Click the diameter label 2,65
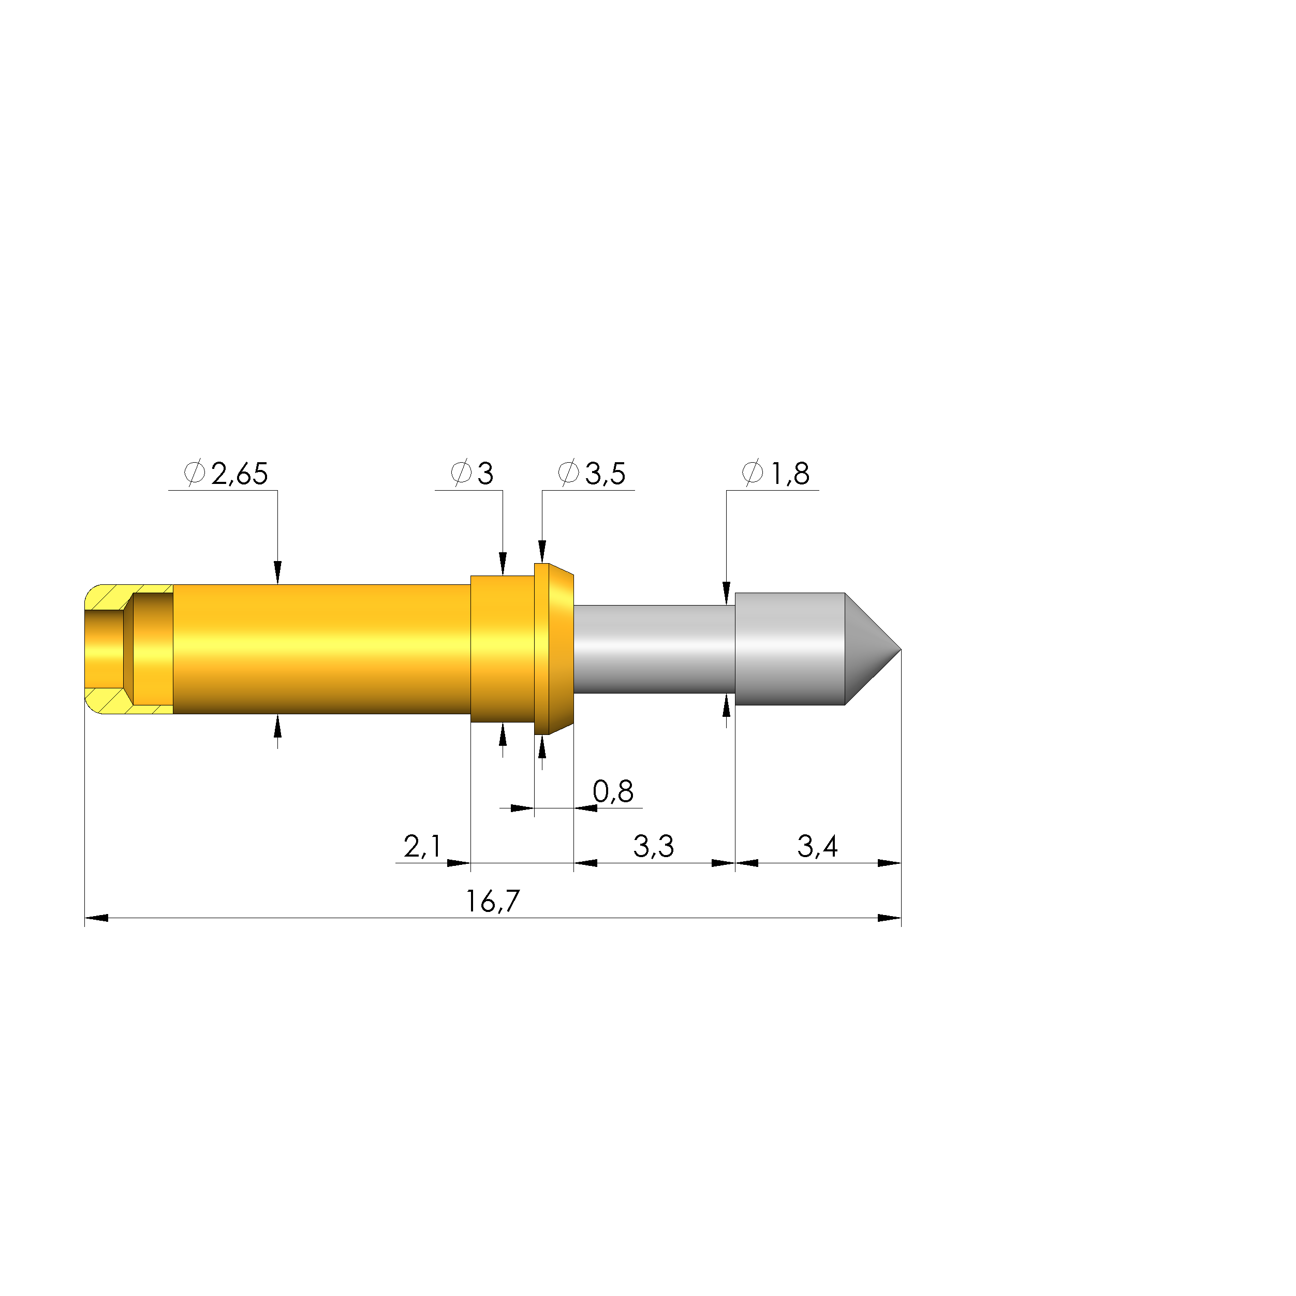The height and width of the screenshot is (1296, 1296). click(x=240, y=474)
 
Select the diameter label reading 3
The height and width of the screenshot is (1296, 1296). click(x=485, y=474)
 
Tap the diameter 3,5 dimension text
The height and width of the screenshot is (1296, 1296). click(x=605, y=474)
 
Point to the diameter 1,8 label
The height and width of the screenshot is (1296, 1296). click(x=790, y=474)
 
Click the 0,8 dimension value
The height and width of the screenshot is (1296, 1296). click(x=613, y=791)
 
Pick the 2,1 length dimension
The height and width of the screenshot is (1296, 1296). click(x=422, y=847)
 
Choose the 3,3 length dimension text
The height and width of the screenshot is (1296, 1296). click(x=653, y=847)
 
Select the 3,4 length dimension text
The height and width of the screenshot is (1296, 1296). click(x=817, y=847)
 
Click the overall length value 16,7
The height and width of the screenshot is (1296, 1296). click(x=493, y=902)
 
